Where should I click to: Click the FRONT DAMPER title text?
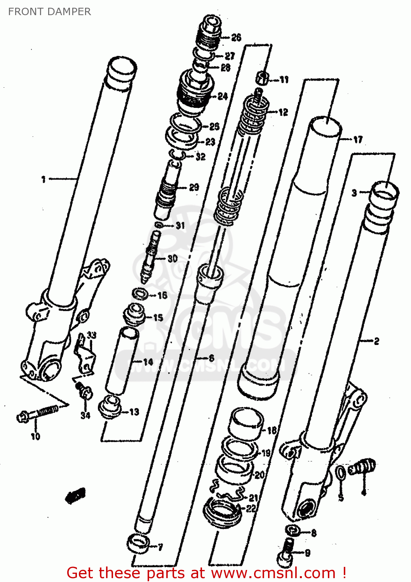[x=49, y=12]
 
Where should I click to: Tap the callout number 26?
[x=236, y=38]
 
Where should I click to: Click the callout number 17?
[x=357, y=139]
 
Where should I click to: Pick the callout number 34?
[x=85, y=416]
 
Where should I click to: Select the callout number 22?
[x=251, y=508]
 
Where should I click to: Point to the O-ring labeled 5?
[x=340, y=474]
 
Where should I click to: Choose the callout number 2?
[x=376, y=341]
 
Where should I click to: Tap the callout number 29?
[x=194, y=187]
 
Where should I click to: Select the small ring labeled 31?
[x=159, y=225]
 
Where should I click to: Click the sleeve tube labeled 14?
[x=121, y=359]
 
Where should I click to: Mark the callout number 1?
[x=44, y=179]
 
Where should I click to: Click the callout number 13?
[x=134, y=412]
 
